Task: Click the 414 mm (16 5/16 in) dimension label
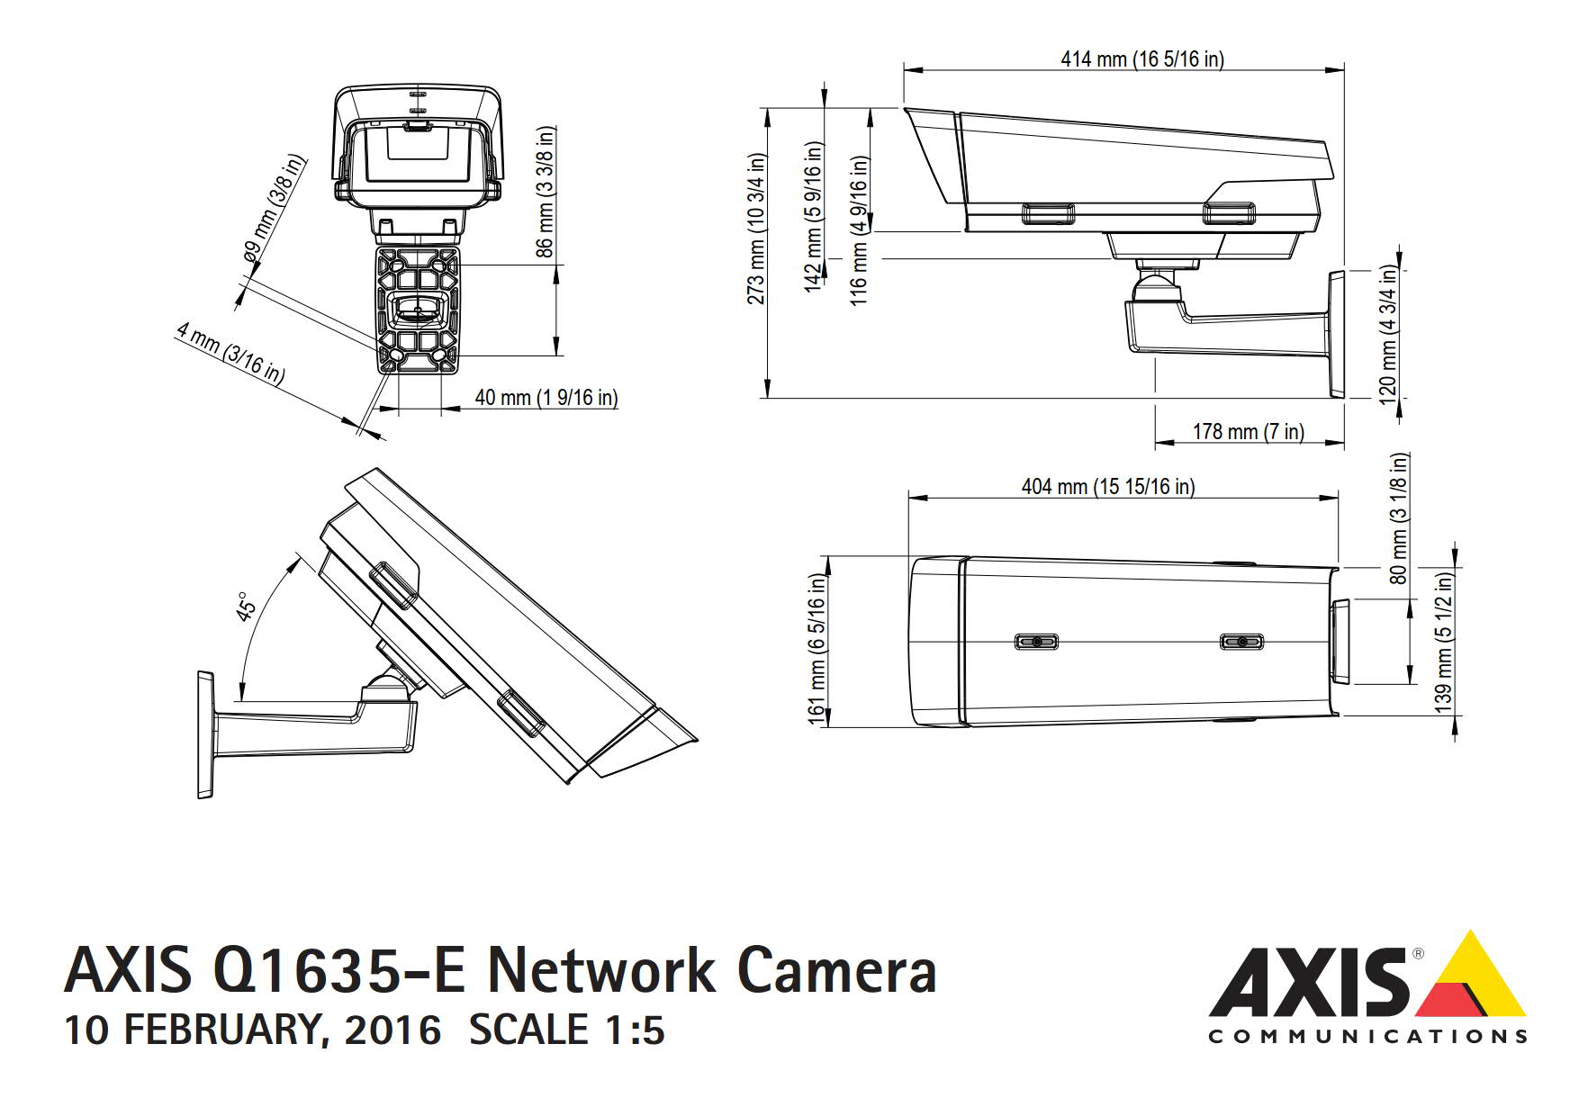pos(1141,59)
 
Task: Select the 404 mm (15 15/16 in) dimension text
pos(1108,487)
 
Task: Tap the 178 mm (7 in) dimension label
pos(1248,432)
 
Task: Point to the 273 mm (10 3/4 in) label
pos(757,229)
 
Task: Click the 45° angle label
pos(247,607)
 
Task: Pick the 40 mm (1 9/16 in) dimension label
pos(546,398)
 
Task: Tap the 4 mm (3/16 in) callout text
pos(230,354)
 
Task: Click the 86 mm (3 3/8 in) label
pos(546,192)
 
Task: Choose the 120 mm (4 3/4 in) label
pos(1388,335)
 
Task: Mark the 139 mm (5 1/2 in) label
pos(1444,643)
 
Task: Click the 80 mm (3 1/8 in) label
pos(1399,518)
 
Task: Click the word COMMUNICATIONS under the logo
pos(1367,1037)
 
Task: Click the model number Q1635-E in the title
pos(339,970)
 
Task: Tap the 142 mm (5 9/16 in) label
pos(815,216)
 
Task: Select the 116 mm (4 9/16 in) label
pos(860,230)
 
